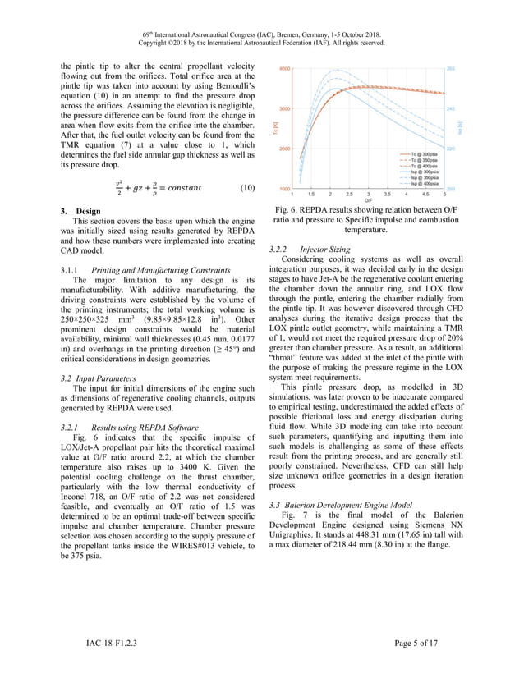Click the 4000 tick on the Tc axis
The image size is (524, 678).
(x=284, y=69)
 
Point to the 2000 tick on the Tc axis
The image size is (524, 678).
(x=284, y=149)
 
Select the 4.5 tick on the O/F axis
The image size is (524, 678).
(x=425, y=194)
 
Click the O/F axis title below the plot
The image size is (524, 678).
(x=369, y=199)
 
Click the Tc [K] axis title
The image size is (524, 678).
(x=274, y=128)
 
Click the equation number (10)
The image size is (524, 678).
(x=246, y=188)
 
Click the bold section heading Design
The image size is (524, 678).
(x=88, y=212)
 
